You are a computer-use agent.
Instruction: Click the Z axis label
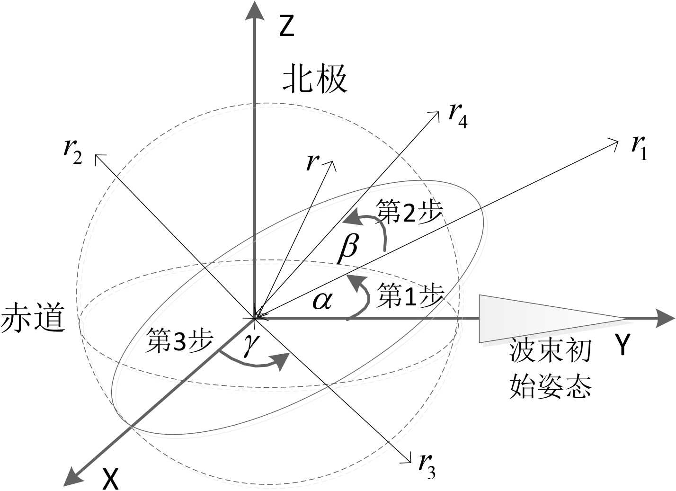[x=287, y=26]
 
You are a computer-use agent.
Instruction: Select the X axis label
[x=110, y=479]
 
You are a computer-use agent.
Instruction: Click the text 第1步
[x=410, y=296]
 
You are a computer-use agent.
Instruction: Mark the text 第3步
[x=179, y=340]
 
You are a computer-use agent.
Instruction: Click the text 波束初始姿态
[x=551, y=369]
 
